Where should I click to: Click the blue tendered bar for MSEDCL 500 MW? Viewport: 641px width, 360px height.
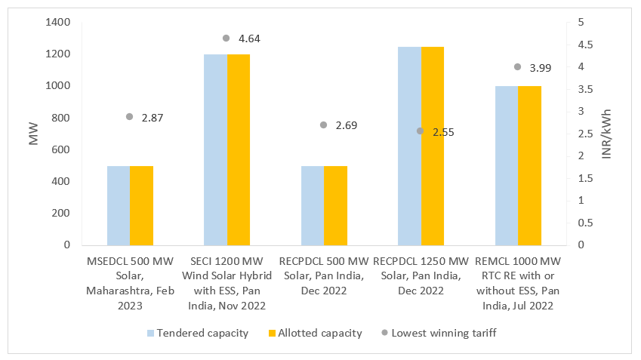[119, 205]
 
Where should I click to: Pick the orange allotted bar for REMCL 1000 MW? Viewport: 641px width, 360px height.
[529, 165]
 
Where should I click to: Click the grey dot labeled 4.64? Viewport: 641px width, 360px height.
[227, 38]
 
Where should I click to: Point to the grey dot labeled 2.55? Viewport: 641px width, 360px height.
[421, 131]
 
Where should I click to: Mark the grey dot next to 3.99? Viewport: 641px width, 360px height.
[517, 67]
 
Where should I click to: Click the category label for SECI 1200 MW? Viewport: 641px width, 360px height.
[227, 283]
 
